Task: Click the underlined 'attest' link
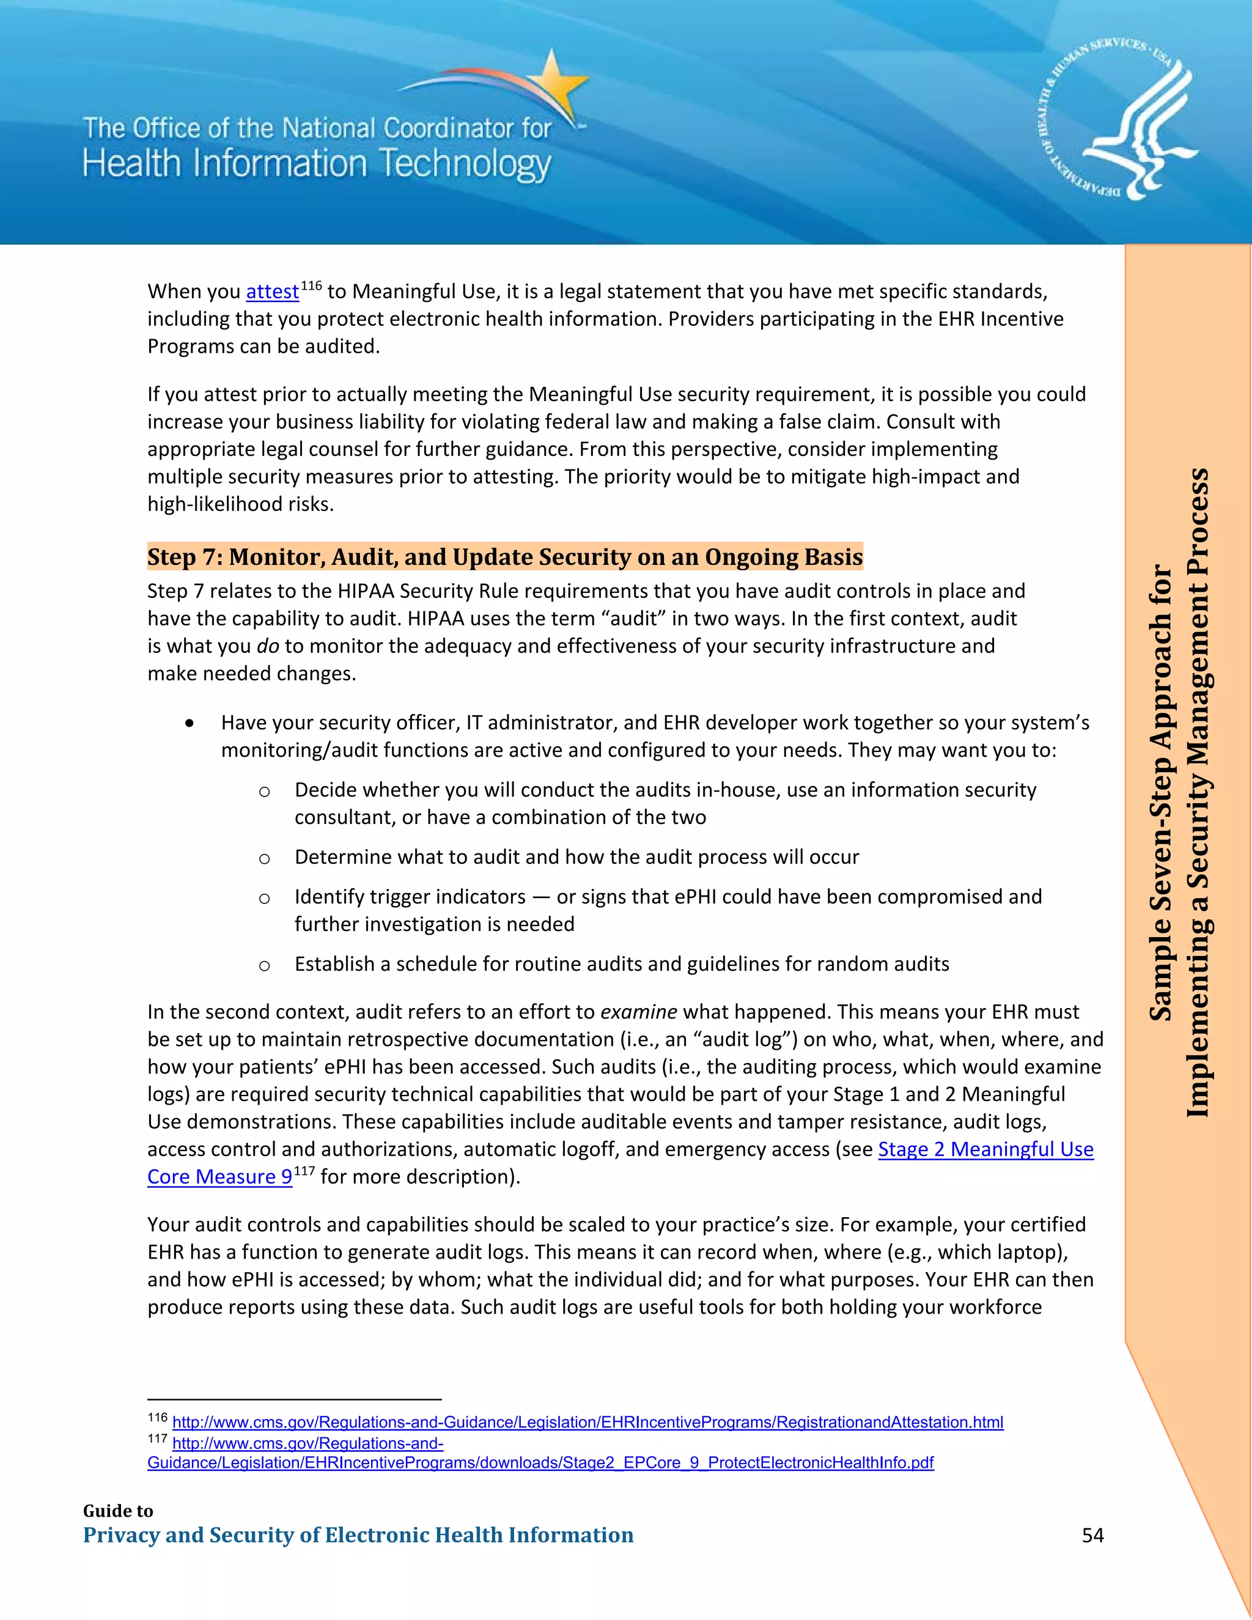coord(272,292)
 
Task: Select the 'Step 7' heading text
coord(504,556)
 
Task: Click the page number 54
coord(1092,1534)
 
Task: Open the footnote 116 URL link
coord(587,1422)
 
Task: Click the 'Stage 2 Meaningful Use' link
coord(985,1149)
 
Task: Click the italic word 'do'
coord(268,646)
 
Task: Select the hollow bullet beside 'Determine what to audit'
coord(264,859)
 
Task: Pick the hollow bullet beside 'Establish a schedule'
coord(264,966)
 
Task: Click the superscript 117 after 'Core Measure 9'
coord(304,1171)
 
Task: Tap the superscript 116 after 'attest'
coord(311,285)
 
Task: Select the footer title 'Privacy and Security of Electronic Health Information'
coord(358,1534)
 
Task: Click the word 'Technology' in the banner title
coord(465,164)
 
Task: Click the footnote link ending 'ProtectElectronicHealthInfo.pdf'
coord(540,1463)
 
